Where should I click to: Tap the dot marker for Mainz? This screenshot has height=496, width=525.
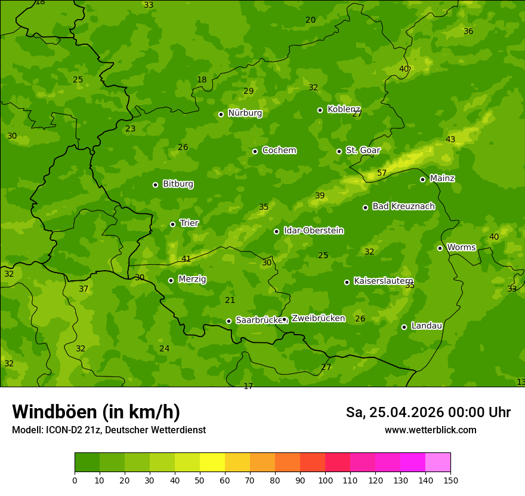[x=422, y=179]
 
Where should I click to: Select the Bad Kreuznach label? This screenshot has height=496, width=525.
[x=403, y=206]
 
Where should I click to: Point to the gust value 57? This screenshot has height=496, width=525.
[x=382, y=173]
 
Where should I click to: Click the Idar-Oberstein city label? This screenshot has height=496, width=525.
[x=313, y=230]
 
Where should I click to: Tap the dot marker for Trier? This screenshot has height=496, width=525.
[x=172, y=224]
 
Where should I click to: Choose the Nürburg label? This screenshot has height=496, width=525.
[x=245, y=113]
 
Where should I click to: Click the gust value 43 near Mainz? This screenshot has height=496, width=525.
[x=450, y=140]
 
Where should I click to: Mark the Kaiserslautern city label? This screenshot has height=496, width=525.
[x=383, y=281]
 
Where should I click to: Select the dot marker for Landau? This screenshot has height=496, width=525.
[x=404, y=327]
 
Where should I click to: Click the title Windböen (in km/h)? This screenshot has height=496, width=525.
[x=96, y=412]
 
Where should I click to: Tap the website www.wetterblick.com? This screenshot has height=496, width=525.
[x=430, y=430]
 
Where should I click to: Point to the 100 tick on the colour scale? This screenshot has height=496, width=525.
[x=325, y=480]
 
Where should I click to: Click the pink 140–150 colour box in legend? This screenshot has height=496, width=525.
[x=438, y=463]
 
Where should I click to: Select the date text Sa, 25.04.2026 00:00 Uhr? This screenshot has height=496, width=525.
[x=428, y=412]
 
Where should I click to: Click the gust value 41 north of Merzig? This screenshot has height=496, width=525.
[x=186, y=259]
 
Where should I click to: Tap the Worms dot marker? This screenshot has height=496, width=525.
[x=440, y=248]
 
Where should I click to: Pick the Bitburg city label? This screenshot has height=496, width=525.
[x=178, y=184]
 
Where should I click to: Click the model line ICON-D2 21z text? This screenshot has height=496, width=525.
[x=109, y=430]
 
